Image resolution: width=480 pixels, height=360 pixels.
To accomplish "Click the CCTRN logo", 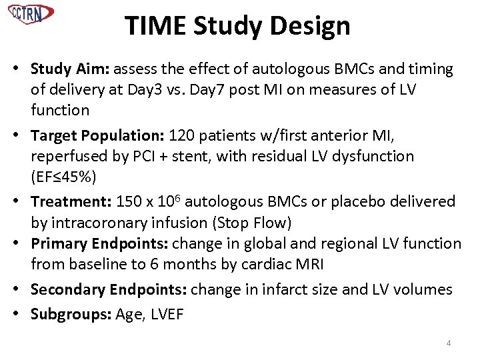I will point(31,13).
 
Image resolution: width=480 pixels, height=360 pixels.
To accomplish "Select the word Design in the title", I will point(314,26).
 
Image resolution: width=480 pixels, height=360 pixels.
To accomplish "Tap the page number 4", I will point(448,343).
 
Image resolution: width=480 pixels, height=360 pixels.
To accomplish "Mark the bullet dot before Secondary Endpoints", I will point(23,290).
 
